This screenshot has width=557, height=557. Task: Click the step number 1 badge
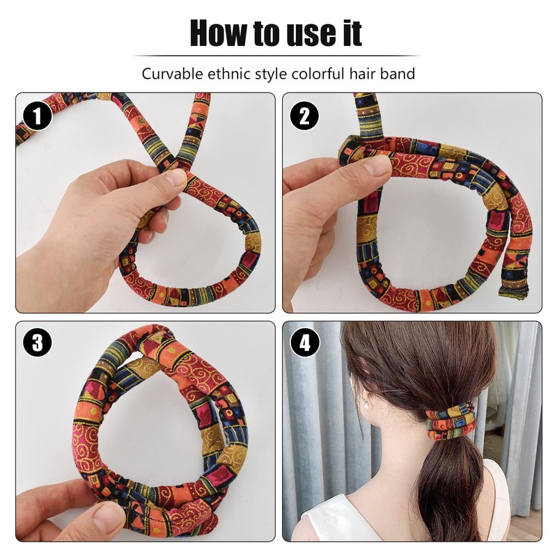37,116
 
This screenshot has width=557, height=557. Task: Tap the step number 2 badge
304,116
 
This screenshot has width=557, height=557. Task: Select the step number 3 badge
37,343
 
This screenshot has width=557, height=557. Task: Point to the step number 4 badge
304,343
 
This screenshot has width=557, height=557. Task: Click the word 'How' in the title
218,33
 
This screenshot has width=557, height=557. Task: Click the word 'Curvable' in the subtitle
169,73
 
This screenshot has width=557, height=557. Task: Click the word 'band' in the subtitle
400,73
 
